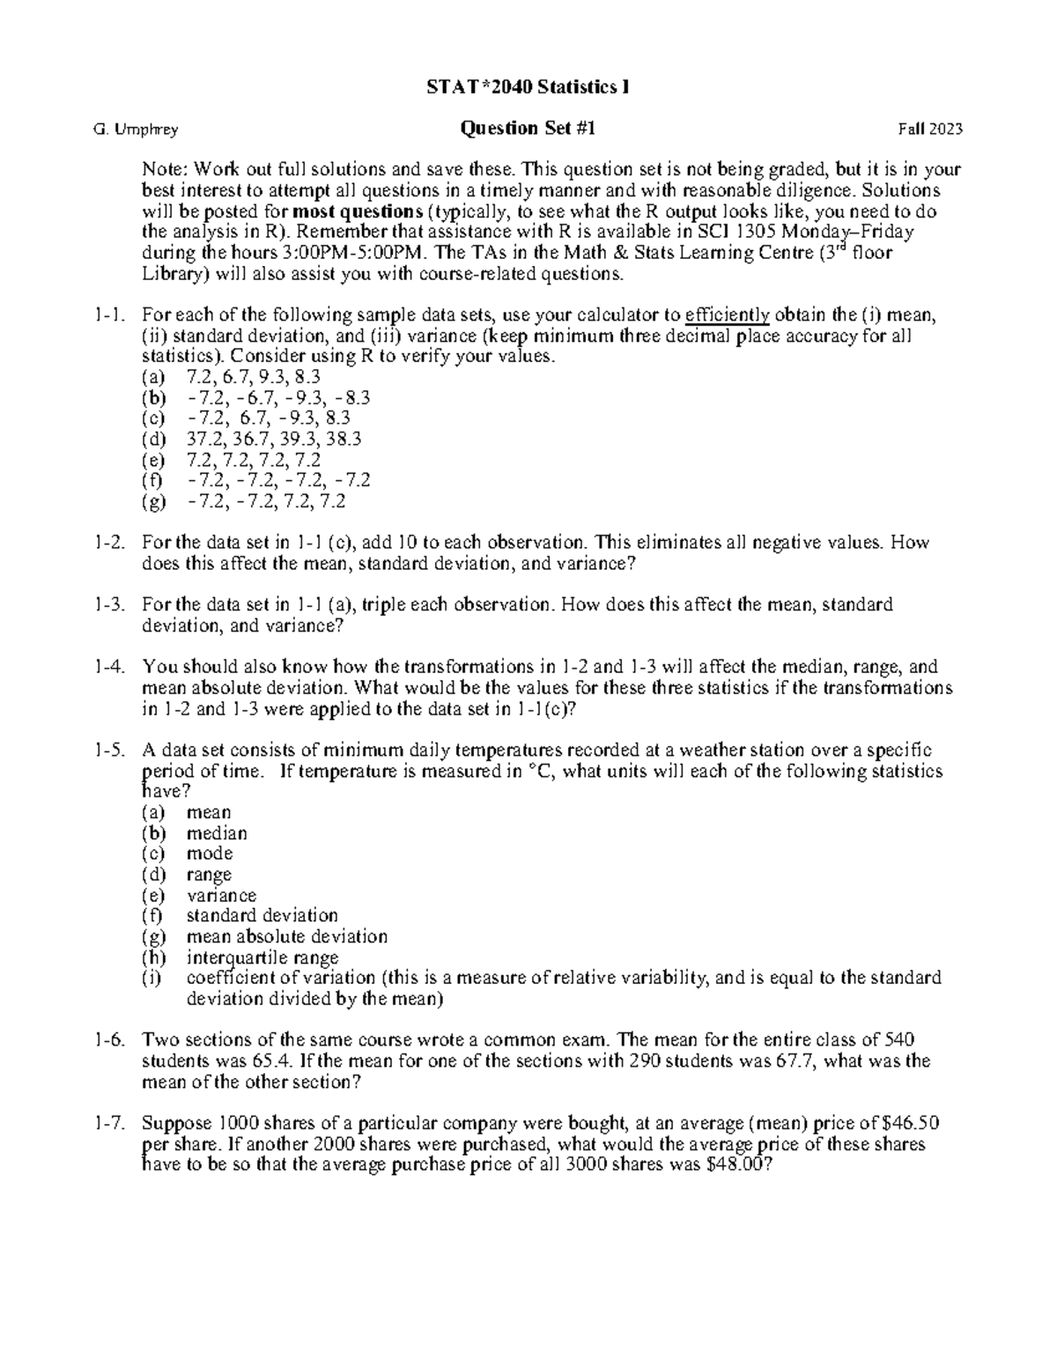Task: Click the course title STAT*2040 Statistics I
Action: click(x=528, y=87)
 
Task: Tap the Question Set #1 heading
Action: click(x=528, y=129)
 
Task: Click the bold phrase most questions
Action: click(x=357, y=211)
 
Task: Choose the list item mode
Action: click(x=210, y=854)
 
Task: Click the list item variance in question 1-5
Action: click(x=221, y=895)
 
